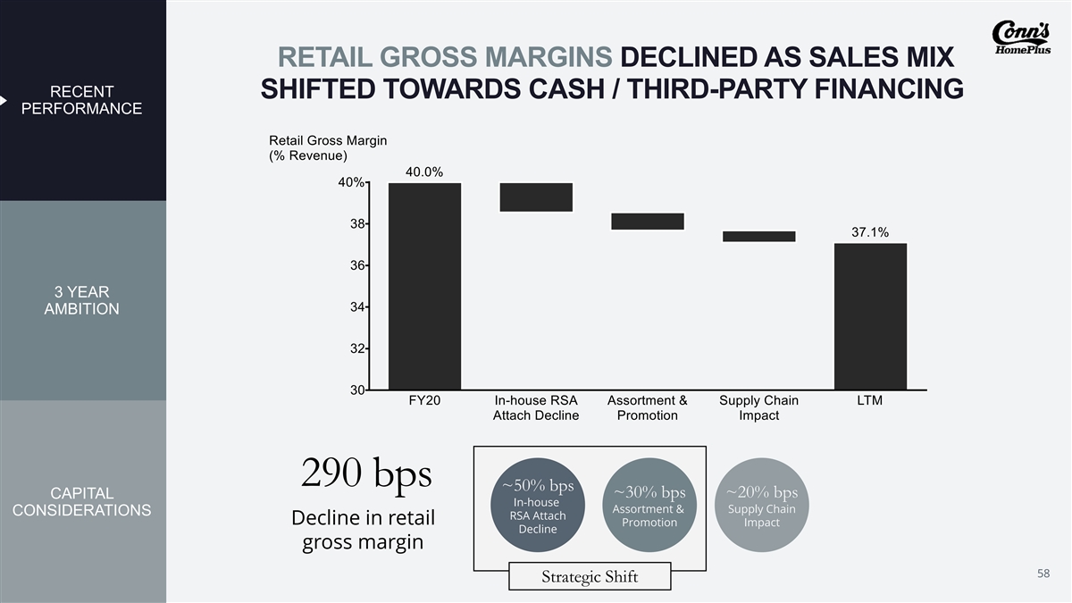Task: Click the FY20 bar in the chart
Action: coord(424,286)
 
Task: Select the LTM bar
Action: coord(870,316)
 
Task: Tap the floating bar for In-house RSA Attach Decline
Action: coord(536,197)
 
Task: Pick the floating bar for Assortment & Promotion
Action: coord(648,222)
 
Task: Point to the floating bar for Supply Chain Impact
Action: coord(758,236)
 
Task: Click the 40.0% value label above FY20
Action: coord(424,172)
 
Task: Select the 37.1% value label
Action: coord(869,232)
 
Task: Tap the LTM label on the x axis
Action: coord(869,401)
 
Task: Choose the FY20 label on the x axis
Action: coord(424,401)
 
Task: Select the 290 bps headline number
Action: coord(367,473)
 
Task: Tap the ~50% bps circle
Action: coord(538,505)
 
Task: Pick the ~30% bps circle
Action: coord(649,507)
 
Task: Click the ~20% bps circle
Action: coord(761,507)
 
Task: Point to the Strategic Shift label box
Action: coord(590,576)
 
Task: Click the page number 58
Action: coord(1043,572)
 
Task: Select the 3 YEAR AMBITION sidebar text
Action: coord(83,301)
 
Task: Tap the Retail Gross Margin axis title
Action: coord(327,148)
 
